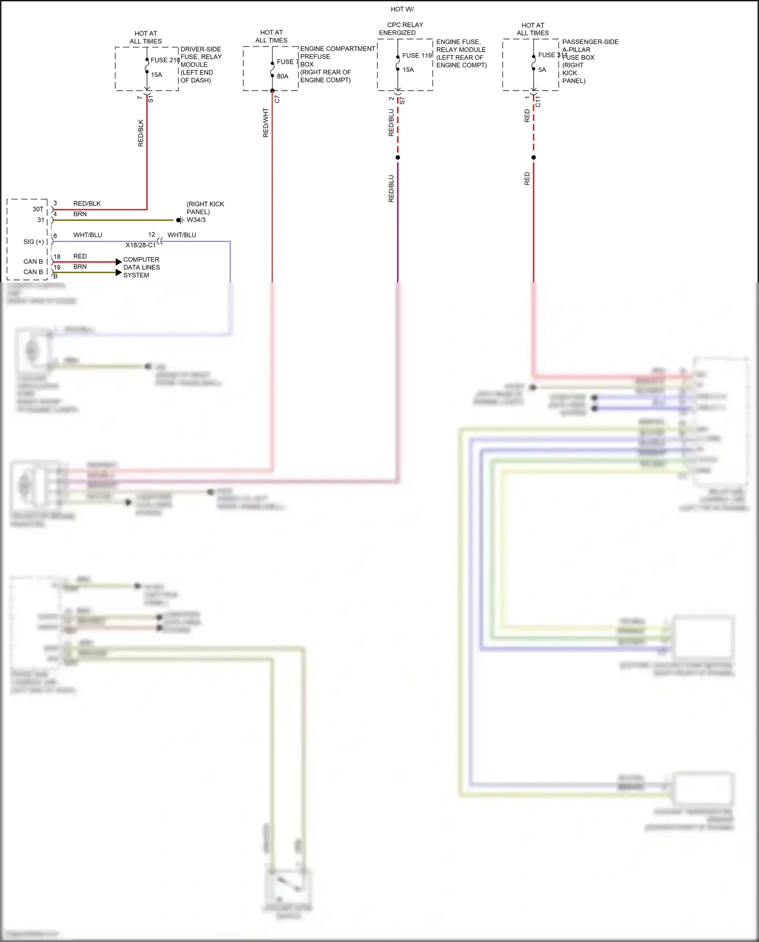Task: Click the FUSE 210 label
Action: coord(165,60)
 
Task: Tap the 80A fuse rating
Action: coord(282,76)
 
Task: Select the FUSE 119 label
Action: coord(417,56)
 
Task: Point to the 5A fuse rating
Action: coord(542,70)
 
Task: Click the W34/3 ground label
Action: coord(196,220)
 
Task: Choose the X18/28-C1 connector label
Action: coord(141,245)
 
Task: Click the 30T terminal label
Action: coord(38,209)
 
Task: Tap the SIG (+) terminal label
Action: coord(33,242)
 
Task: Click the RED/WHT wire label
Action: coord(266,122)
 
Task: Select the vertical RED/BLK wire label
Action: coord(141,133)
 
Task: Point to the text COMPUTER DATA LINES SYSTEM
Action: coord(141,267)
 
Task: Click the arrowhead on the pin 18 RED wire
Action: coord(119,262)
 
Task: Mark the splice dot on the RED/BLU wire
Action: coord(398,157)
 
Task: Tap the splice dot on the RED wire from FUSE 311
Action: coord(533,157)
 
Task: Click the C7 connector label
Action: coord(277,100)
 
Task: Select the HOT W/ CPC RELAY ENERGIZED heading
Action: coord(402,21)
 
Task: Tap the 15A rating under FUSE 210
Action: coord(156,75)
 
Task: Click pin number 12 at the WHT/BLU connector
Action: coord(152,235)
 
